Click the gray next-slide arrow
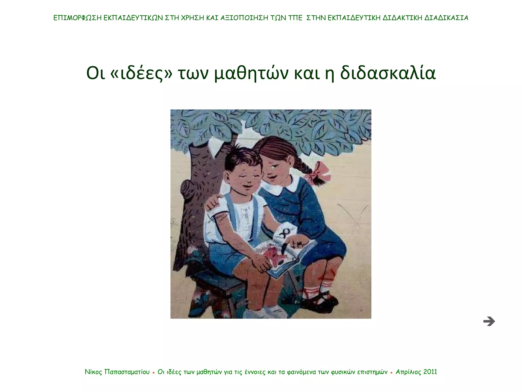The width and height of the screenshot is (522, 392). pos(489,321)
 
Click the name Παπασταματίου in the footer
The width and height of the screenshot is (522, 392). pos(127,372)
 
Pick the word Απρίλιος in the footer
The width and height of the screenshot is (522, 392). pos(408,372)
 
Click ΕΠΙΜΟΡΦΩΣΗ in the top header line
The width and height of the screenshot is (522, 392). pos(77,18)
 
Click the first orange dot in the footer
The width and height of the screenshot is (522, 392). pos(153,373)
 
